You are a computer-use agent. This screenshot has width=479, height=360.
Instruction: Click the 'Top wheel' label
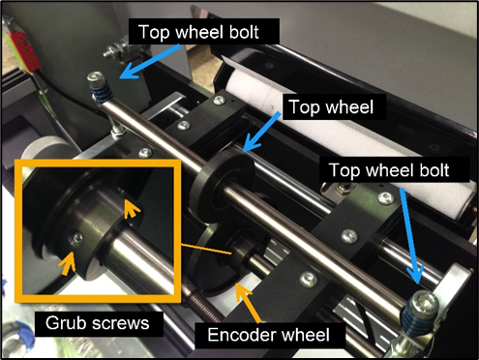(x=331, y=106)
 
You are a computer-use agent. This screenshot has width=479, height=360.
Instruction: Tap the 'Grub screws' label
(x=98, y=323)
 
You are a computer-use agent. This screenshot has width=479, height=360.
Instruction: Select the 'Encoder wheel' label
(x=269, y=335)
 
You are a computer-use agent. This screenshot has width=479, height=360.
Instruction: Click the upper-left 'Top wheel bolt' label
(x=198, y=32)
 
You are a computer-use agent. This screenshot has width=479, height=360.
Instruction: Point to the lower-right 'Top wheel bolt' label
(x=389, y=169)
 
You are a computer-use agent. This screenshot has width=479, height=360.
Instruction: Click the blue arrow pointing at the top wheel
(x=260, y=132)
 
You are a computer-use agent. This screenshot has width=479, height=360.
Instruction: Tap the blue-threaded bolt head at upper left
(x=96, y=76)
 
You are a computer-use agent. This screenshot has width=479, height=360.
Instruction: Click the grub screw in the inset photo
(x=77, y=238)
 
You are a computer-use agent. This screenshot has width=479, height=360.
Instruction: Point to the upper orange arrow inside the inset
(x=133, y=208)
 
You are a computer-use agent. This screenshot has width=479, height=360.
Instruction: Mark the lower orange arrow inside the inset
(x=67, y=262)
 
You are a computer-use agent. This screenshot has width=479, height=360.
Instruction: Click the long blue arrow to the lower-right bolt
(x=410, y=236)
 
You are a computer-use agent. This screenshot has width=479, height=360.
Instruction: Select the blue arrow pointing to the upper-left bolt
(x=150, y=61)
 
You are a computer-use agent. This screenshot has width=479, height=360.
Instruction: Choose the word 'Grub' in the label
(x=62, y=323)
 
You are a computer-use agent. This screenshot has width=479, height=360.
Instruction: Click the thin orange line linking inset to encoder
(x=206, y=250)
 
